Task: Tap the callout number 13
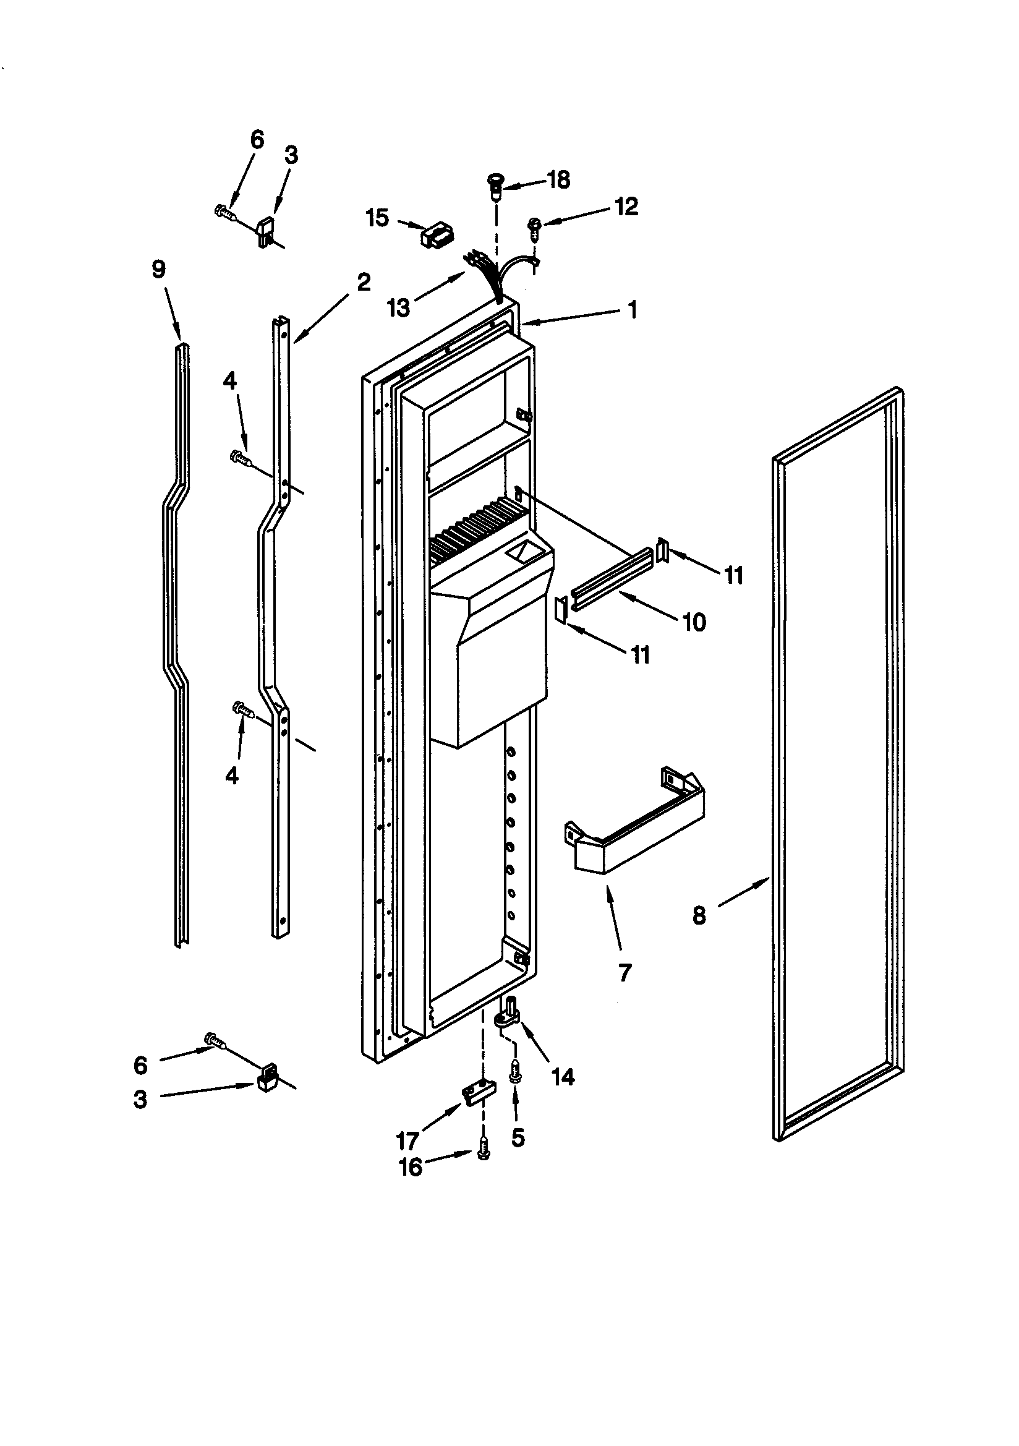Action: point(399,308)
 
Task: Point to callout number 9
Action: point(159,270)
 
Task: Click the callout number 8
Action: point(699,915)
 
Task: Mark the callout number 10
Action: point(694,622)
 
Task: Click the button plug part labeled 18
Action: point(495,186)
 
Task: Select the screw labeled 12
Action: point(534,227)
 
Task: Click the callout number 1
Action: point(633,310)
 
